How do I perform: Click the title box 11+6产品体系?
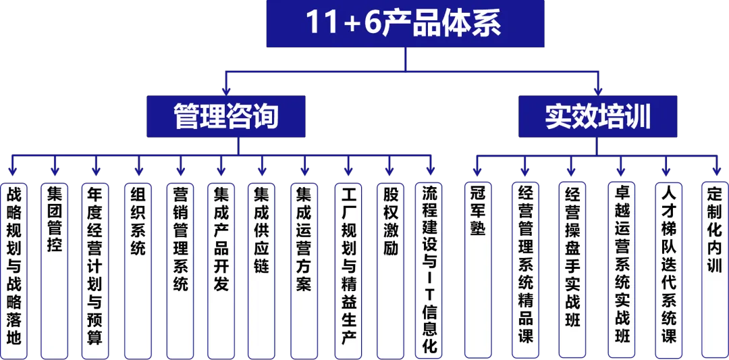pos(405,24)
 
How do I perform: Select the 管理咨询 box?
pos(226,116)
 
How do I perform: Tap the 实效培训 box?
pos(598,116)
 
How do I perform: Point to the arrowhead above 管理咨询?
pos(226,90)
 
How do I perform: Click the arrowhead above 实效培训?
pos(598,90)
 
